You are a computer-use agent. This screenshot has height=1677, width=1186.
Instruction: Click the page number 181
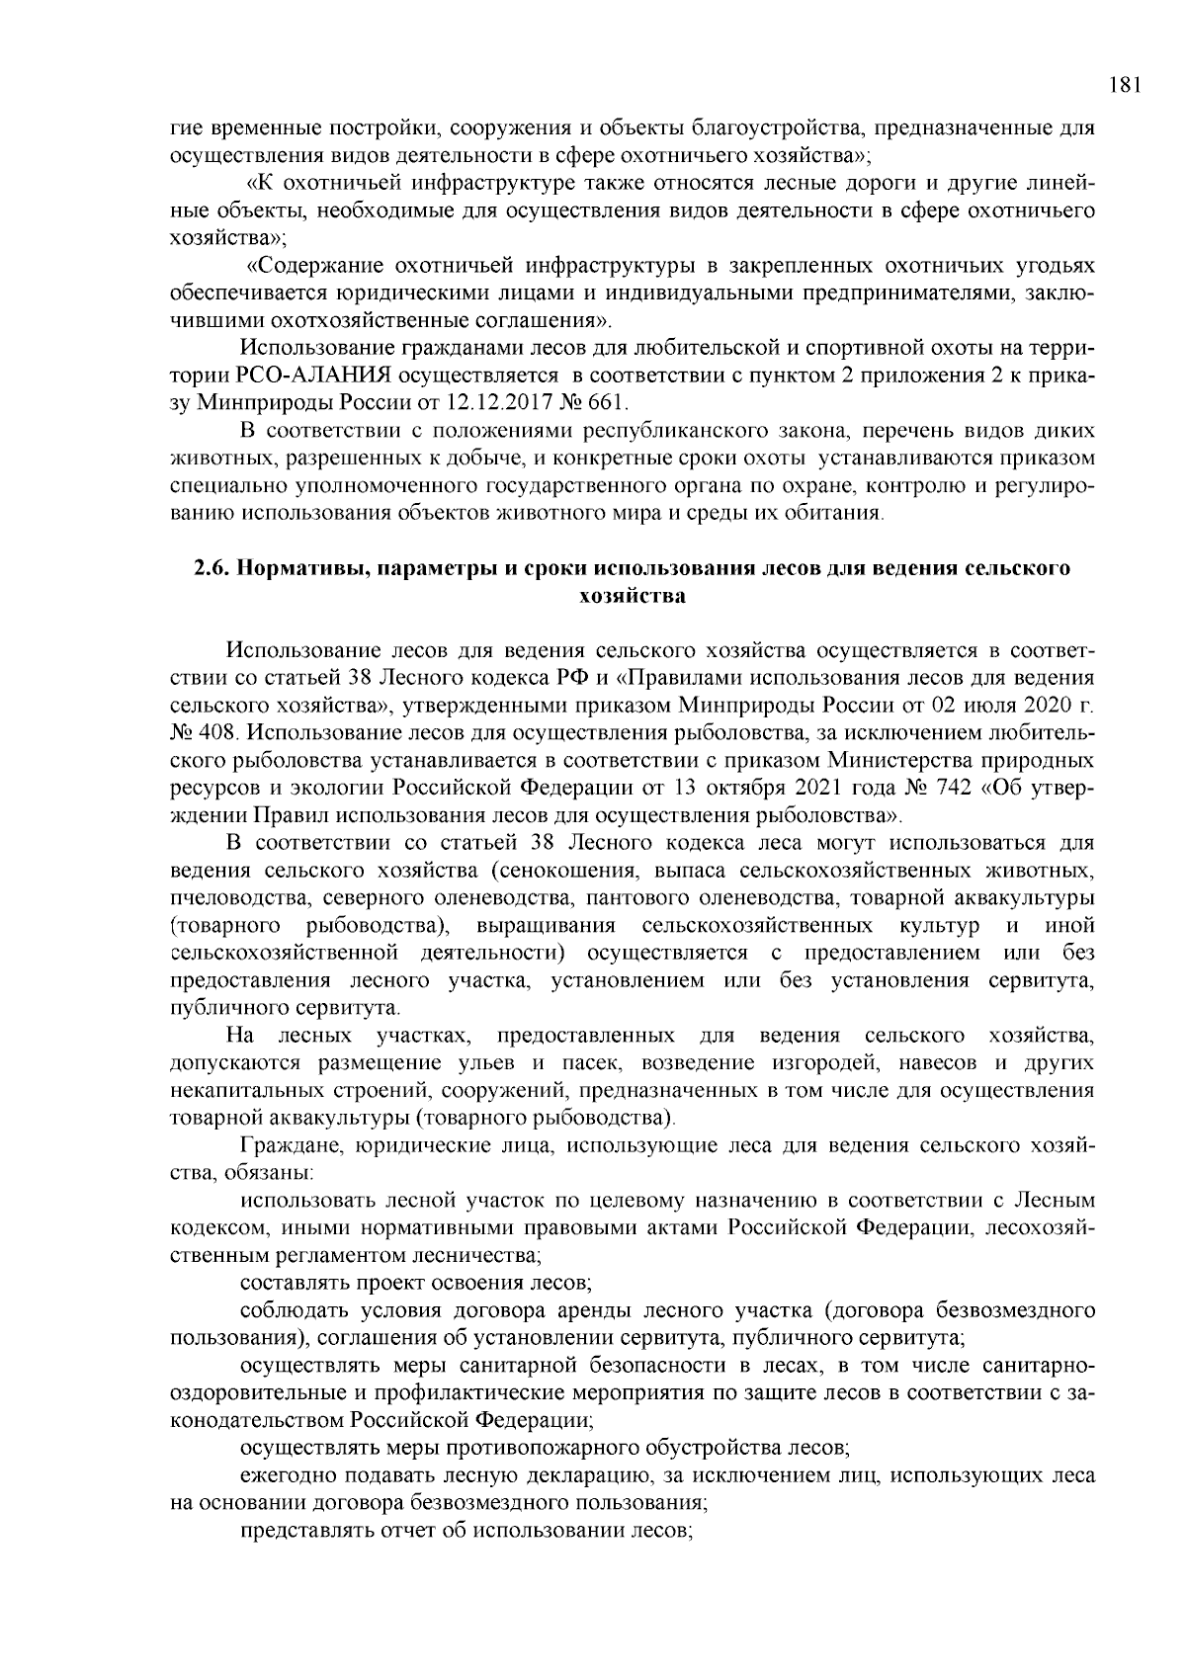[x=1125, y=86]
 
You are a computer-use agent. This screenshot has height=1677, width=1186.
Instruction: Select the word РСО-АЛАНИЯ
[x=315, y=376]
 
